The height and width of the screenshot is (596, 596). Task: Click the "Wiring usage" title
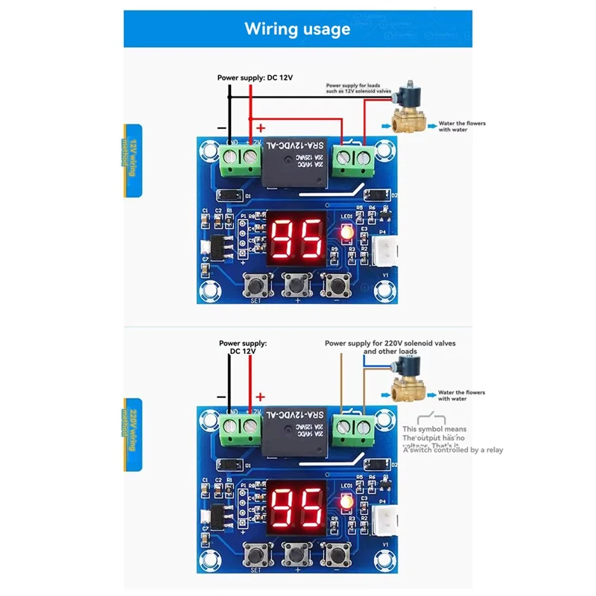(297, 29)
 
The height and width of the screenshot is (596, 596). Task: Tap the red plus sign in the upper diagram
(261, 127)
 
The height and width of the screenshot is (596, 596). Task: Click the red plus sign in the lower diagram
(261, 397)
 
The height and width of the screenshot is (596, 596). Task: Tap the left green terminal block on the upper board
(240, 159)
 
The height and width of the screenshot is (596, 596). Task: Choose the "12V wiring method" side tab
(134, 160)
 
